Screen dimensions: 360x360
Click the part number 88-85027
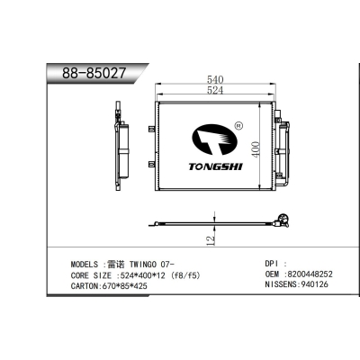(x=94, y=73)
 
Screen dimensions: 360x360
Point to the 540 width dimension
(x=215, y=80)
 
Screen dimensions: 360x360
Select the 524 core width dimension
(x=215, y=90)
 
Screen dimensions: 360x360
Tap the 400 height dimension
(x=256, y=149)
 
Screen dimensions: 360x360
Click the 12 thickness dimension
(x=211, y=240)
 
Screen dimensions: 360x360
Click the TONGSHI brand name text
(x=215, y=166)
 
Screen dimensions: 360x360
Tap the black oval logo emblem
(x=214, y=140)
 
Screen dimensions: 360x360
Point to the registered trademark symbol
(x=238, y=126)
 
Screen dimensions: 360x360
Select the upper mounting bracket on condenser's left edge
(x=152, y=130)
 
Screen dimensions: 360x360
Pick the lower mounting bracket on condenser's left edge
(x=152, y=164)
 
